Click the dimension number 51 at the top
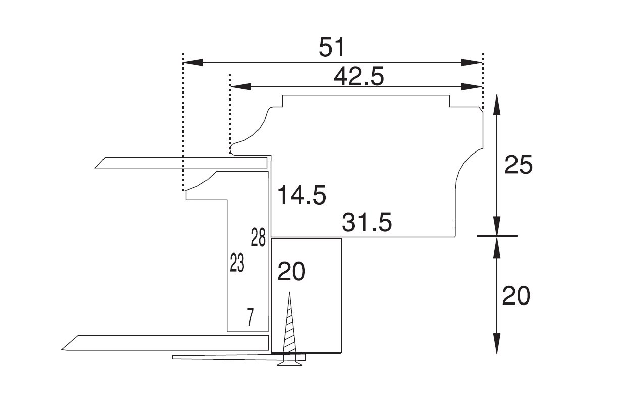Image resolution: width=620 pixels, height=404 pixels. pos(331,47)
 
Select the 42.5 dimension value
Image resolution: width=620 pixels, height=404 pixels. pos(359,76)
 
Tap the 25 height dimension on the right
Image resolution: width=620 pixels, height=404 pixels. pos(519,165)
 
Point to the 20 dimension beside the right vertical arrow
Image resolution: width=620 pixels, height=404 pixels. pos(516,296)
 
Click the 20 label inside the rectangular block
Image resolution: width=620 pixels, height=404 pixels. pos(291,271)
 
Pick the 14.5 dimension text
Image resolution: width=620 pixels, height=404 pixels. pos(302,195)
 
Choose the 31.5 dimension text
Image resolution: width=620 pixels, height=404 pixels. pos(367,222)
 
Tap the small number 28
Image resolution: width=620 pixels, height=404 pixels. pos(258,237)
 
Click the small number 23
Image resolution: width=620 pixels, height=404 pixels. pos(237,263)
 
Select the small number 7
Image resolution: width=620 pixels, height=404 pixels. pos(250,317)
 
